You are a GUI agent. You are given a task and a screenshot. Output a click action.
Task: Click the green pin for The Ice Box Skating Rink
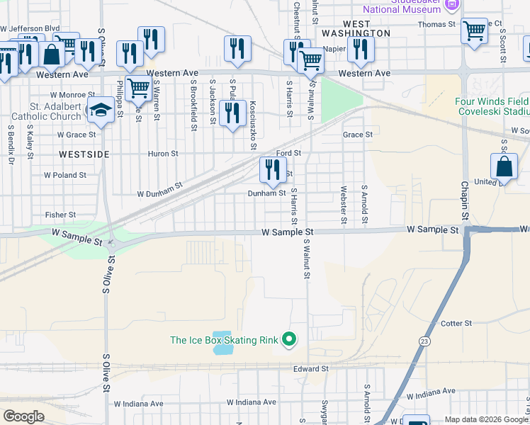(288, 340)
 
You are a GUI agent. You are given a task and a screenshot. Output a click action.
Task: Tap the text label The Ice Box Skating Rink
(224, 340)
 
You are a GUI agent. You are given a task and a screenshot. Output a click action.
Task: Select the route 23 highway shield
(424, 341)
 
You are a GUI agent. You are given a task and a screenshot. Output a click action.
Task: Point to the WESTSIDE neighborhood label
(84, 153)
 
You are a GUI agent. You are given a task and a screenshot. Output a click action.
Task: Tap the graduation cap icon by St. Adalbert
(101, 110)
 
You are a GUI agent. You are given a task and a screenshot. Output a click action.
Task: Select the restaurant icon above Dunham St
(271, 170)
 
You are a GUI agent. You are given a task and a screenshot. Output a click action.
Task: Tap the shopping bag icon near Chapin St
(504, 166)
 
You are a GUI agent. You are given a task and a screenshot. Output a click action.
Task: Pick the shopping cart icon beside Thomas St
(473, 31)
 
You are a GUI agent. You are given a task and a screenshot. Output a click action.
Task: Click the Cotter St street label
(456, 324)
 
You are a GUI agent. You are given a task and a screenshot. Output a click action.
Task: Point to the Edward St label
(311, 369)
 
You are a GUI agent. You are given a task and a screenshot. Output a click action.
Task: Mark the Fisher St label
(60, 215)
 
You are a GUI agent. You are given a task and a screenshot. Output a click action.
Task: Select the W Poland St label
(65, 174)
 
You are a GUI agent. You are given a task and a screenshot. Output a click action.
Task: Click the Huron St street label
(163, 153)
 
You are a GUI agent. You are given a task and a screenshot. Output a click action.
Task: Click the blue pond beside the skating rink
(222, 342)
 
